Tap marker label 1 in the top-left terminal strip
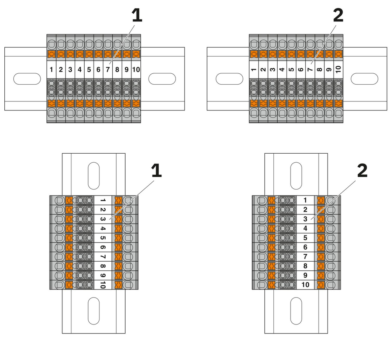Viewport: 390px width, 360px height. (x=51, y=70)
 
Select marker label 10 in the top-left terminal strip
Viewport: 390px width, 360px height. (x=136, y=70)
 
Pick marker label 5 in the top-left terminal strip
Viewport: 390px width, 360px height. (x=89, y=70)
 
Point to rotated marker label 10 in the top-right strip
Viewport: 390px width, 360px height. (x=338, y=70)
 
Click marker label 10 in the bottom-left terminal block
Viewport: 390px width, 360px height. (x=102, y=285)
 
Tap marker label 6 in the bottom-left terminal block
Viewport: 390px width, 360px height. (x=102, y=247)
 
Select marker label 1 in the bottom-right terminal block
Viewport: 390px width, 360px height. (x=305, y=200)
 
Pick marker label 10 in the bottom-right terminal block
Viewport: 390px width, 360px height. (x=305, y=285)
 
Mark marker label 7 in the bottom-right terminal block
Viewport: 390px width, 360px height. (x=305, y=257)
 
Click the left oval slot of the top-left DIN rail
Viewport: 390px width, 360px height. (x=27, y=78)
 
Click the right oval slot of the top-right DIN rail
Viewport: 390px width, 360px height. (x=365, y=78)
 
